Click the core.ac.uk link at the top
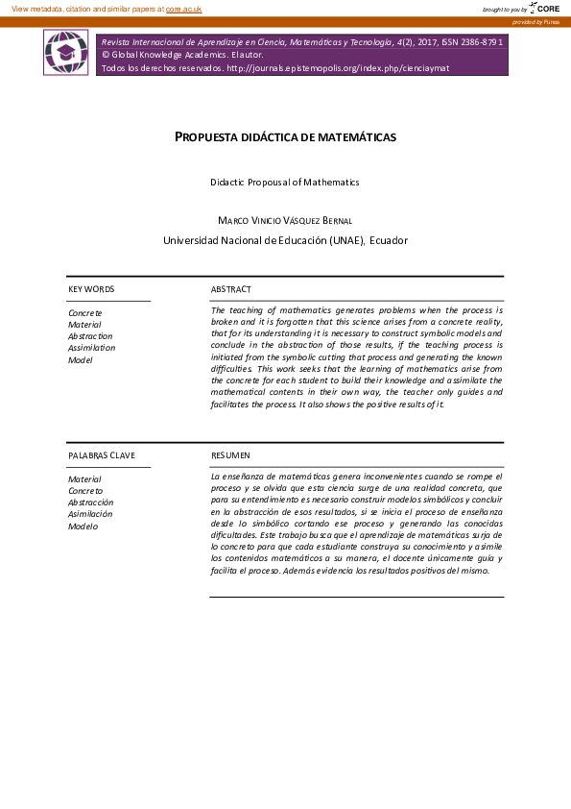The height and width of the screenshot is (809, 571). point(183,9)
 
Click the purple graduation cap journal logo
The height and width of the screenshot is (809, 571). point(65,52)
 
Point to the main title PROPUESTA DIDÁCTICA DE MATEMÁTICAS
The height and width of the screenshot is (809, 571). point(285,137)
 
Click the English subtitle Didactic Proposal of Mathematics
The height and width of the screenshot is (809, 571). point(284,182)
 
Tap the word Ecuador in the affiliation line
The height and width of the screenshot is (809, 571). point(389,240)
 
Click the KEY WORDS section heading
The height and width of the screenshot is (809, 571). point(91,289)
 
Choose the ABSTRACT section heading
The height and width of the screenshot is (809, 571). point(231,289)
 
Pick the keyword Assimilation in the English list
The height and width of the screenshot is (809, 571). point(91,348)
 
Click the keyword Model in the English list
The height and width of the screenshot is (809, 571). point(80,360)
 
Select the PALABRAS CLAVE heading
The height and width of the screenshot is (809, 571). point(102,454)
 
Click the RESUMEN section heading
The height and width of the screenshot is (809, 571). point(230,454)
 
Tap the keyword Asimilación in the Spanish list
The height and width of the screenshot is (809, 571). point(92,514)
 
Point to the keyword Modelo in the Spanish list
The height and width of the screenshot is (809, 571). point(83,527)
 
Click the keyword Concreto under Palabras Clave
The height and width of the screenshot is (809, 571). point(86,491)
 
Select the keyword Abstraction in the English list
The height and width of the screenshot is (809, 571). point(90,336)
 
